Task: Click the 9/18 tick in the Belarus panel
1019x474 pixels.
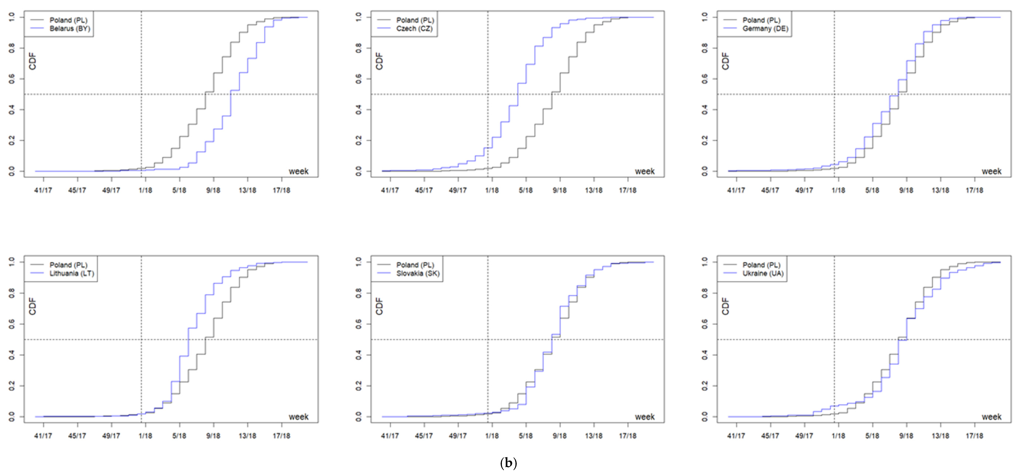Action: (x=213, y=190)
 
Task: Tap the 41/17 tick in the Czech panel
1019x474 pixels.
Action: (x=390, y=190)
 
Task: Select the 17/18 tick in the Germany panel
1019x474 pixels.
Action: (x=974, y=190)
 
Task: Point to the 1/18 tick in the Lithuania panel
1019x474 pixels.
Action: (x=145, y=436)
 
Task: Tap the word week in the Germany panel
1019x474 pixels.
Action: (x=991, y=171)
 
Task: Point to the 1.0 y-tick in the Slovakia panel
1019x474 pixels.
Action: (x=358, y=262)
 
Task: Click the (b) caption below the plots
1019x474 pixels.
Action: (x=509, y=463)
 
